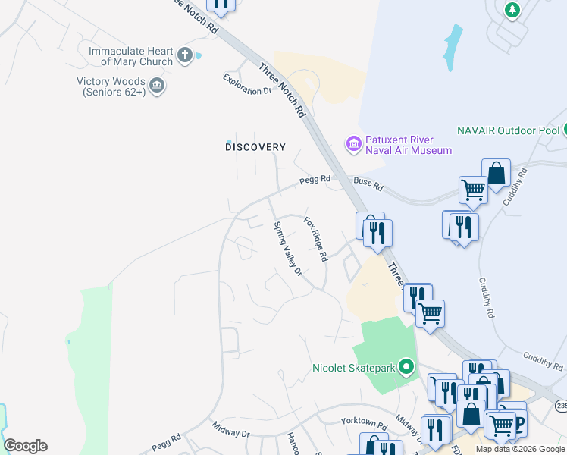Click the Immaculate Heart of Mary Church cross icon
185,55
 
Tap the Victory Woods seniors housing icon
158,84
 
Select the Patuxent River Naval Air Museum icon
352,143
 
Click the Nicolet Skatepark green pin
406,369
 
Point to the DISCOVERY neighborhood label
255,147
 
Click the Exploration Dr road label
247,85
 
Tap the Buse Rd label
368,184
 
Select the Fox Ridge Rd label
315,239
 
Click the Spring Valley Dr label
288,248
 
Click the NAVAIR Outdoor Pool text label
508,130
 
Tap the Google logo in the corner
25,446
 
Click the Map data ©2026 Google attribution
520,449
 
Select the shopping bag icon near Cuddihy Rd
496,172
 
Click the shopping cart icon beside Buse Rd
473,189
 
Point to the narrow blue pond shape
453,47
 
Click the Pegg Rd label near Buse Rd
315,180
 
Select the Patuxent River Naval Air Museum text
409,145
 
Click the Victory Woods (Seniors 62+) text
111,86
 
